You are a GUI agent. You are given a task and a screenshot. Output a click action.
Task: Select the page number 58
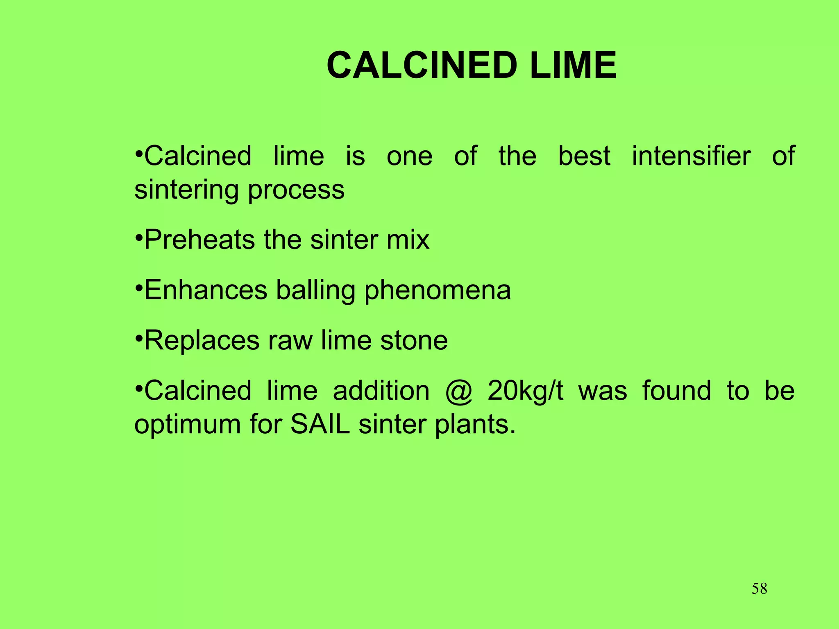759,588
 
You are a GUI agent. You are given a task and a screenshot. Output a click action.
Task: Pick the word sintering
186,190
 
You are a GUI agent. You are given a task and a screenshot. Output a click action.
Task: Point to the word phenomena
437,291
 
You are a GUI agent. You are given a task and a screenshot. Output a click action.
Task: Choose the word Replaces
202,341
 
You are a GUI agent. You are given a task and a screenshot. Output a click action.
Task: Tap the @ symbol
459,391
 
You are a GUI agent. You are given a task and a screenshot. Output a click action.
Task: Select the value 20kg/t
525,391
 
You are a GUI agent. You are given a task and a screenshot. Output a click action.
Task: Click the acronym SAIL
320,424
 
